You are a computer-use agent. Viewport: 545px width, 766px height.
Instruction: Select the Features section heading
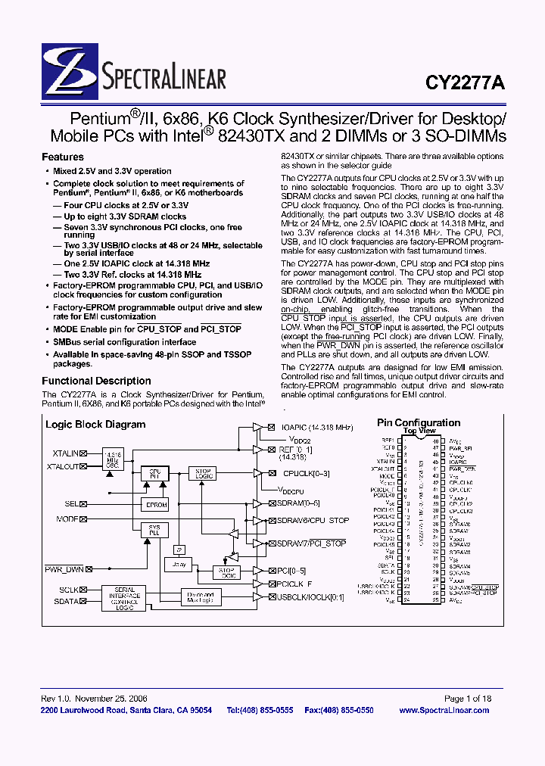[x=63, y=157]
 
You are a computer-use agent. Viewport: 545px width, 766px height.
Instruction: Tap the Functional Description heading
[x=96, y=381]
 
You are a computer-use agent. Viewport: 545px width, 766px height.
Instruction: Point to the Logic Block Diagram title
[x=95, y=425]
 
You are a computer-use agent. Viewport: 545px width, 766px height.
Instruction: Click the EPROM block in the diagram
[x=157, y=504]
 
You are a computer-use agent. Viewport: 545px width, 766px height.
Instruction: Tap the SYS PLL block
[x=154, y=531]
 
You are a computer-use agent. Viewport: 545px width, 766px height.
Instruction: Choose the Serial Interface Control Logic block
[x=125, y=598]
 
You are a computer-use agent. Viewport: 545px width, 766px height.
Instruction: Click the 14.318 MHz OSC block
[x=113, y=459]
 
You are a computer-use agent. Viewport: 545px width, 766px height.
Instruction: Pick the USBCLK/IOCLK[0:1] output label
[x=310, y=597]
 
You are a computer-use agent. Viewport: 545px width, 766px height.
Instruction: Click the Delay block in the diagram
[x=179, y=564]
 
